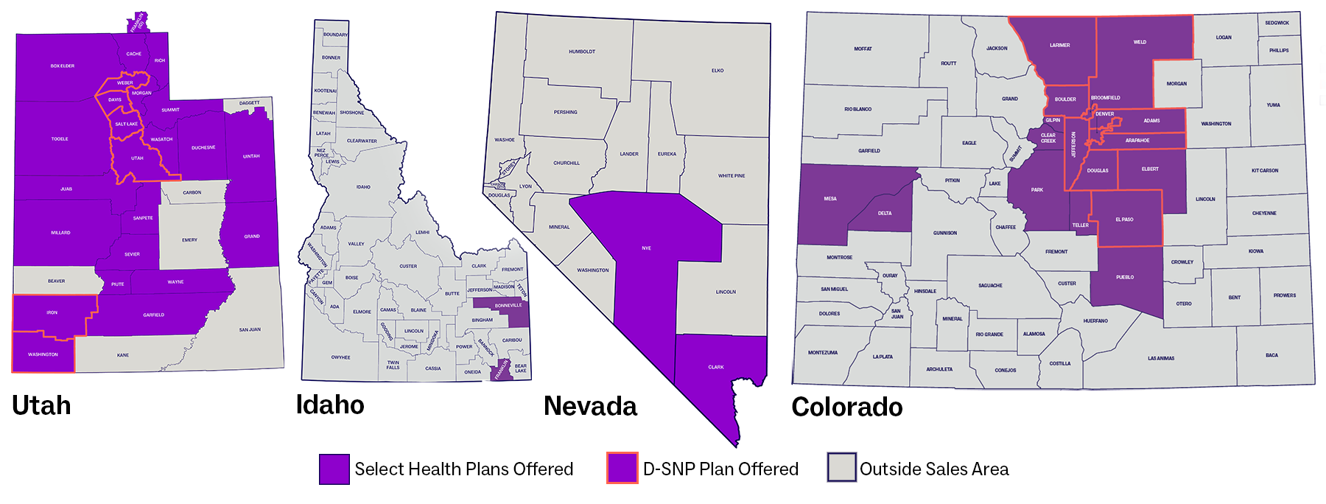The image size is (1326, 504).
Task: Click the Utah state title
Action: click(41, 406)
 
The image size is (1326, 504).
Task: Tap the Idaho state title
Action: click(330, 405)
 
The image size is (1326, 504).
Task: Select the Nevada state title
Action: click(590, 406)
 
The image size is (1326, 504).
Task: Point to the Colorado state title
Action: click(846, 407)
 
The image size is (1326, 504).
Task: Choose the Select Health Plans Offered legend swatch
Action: click(334, 469)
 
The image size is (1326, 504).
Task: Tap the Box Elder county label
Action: click(63, 66)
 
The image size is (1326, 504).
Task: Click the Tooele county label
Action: click(60, 139)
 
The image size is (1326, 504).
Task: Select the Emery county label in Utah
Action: click(189, 240)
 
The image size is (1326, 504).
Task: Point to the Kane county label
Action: click(123, 355)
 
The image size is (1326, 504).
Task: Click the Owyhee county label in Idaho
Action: click(340, 357)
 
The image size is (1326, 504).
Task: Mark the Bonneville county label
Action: click(508, 305)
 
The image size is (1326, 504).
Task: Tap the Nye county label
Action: click(646, 248)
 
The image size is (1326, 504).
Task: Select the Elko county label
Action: click(718, 71)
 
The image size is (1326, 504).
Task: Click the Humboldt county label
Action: click(582, 52)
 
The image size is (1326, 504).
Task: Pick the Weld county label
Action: click(1140, 42)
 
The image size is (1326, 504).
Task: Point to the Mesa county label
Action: click(830, 199)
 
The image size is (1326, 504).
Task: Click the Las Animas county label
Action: click(1161, 359)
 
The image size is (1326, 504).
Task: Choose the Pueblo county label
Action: click(1125, 278)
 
